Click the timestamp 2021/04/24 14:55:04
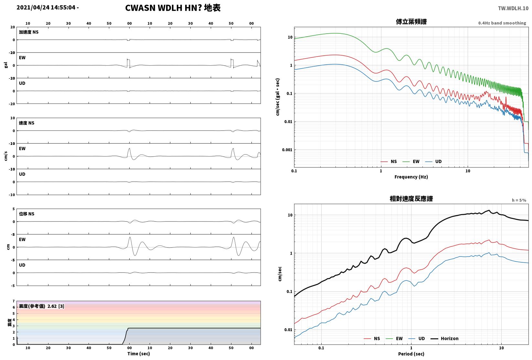click(x=46, y=7)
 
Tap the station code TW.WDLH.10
click(x=513, y=8)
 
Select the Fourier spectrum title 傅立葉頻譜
click(x=411, y=22)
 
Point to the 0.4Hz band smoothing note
click(x=502, y=23)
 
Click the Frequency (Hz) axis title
click(x=411, y=177)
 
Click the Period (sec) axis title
click(x=411, y=354)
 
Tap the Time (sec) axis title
click(x=138, y=354)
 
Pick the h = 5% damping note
click(x=519, y=200)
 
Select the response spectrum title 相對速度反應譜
click(x=411, y=199)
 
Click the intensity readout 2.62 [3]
click(x=56, y=306)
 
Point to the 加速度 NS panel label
click(x=29, y=32)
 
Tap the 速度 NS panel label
click(x=27, y=123)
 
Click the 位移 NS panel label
click(x=27, y=214)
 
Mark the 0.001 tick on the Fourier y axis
click(x=287, y=150)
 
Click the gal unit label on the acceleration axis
click(x=6, y=65)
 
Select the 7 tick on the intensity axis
click(x=14, y=301)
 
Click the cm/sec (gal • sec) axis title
click(x=278, y=97)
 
